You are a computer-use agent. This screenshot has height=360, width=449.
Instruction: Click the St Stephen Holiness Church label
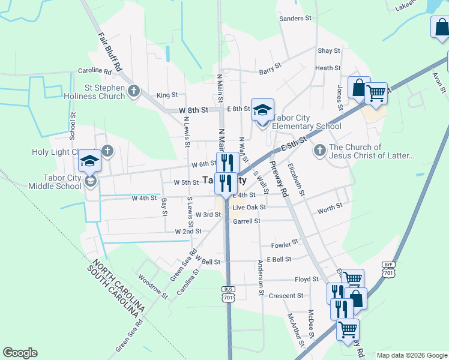99,91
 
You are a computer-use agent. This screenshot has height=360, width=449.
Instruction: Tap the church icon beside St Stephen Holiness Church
133,91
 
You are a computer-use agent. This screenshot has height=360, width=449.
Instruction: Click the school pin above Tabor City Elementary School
262,110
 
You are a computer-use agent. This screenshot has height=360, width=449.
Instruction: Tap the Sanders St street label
295,19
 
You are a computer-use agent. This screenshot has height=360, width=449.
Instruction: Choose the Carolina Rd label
95,71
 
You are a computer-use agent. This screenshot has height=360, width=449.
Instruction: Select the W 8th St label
193,110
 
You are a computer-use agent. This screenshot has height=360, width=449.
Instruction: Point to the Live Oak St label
249,207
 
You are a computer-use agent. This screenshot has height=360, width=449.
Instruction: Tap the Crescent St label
286,296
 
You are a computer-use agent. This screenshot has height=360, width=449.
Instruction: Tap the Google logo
20,353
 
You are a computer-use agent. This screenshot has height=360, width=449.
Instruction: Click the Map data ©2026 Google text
412,355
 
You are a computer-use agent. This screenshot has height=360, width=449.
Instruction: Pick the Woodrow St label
153,286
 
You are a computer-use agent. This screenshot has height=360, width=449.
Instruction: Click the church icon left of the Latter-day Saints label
319,149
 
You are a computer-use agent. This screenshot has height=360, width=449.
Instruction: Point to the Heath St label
328,68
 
